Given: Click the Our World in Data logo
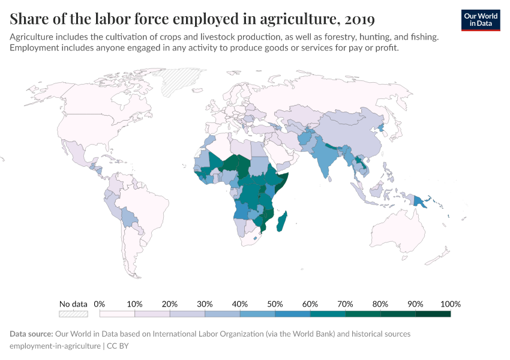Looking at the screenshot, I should (x=480, y=20).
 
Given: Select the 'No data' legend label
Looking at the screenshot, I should (x=73, y=304).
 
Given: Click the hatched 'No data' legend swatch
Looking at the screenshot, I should (x=73, y=314).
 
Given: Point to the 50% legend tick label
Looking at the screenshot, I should (x=275, y=304).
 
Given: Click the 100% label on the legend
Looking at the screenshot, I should (x=450, y=304).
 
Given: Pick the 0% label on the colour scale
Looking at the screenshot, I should (x=100, y=304).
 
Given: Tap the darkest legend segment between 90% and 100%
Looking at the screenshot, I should (x=433, y=314).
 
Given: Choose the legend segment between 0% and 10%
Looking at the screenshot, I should (x=117, y=314).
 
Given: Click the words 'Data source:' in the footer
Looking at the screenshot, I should (x=31, y=334).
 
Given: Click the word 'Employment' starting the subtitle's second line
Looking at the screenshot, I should (x=34, y=48).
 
